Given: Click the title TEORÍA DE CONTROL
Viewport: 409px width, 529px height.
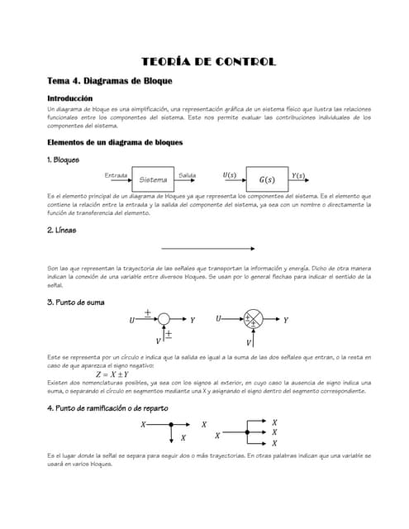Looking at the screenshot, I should (208, 62).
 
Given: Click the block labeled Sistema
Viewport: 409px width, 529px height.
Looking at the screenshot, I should (153, 179).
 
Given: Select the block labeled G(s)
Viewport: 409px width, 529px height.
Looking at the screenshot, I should (267, 179).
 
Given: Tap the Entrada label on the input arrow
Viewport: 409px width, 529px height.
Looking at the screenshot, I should (116, 174).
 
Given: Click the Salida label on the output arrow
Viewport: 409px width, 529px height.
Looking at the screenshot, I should (187, 174).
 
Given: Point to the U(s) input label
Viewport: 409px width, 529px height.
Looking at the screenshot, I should (229, 174).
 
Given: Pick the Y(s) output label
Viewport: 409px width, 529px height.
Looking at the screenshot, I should (298, 175).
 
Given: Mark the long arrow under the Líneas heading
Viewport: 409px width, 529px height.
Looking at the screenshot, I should (207, 248).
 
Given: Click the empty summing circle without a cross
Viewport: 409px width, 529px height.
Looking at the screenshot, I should (164, 319).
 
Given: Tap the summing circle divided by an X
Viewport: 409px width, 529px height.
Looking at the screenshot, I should (250, 320).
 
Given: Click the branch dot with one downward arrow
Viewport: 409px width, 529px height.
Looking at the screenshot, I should (171, 425).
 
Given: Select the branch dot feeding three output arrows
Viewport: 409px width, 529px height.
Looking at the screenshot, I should (246, 431).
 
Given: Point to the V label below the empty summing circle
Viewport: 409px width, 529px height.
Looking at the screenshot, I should (159, 341).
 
